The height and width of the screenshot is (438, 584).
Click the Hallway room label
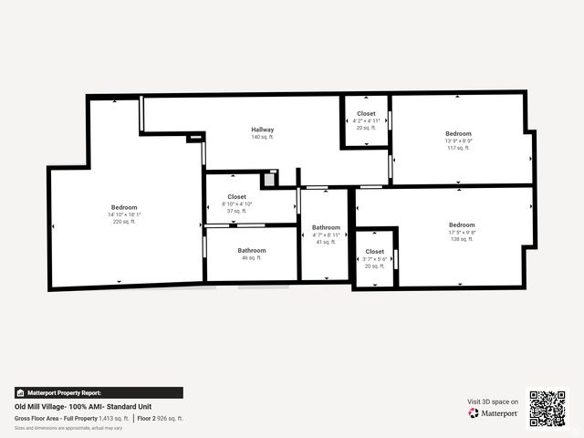tap(263, 130)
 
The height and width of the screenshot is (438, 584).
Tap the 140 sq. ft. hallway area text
tap(263, 137)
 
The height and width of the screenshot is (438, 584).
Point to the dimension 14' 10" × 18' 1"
tap(125, 214)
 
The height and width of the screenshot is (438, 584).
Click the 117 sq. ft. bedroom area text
tap(459, 148)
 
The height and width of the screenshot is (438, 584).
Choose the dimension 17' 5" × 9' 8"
tap(462, 232)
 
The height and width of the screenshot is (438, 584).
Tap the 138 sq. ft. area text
tap(462, 239)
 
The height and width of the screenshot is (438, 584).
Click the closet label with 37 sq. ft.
tap(237, 196)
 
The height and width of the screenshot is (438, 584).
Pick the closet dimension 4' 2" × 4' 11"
tap(365, 120)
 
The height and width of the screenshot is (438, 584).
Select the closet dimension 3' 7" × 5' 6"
tap(375, 258)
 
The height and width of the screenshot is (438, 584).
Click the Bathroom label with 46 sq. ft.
tap(252, 250)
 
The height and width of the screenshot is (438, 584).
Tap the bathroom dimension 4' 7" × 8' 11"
tap(326, 235)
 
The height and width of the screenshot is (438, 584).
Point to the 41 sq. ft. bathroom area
tap(326, 242)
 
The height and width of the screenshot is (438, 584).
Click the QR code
tap(547, 408)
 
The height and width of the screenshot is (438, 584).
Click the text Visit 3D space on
tap(493, 401)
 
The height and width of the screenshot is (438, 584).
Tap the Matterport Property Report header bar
tap(99, 392)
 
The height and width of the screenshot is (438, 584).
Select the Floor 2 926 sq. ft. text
tap(162, 418)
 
